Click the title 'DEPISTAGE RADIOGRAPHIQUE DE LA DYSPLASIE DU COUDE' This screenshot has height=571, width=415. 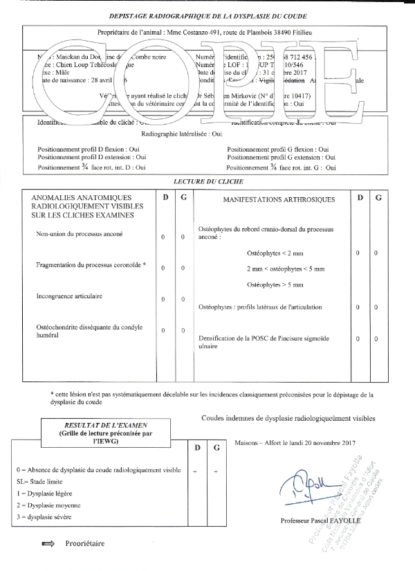209,15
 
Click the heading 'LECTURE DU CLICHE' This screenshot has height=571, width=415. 209,181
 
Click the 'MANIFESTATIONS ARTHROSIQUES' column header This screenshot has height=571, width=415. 279,200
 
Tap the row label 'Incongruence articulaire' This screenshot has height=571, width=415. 69,296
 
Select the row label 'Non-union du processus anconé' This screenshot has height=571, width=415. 79,235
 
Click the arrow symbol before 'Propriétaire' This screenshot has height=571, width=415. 48,544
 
